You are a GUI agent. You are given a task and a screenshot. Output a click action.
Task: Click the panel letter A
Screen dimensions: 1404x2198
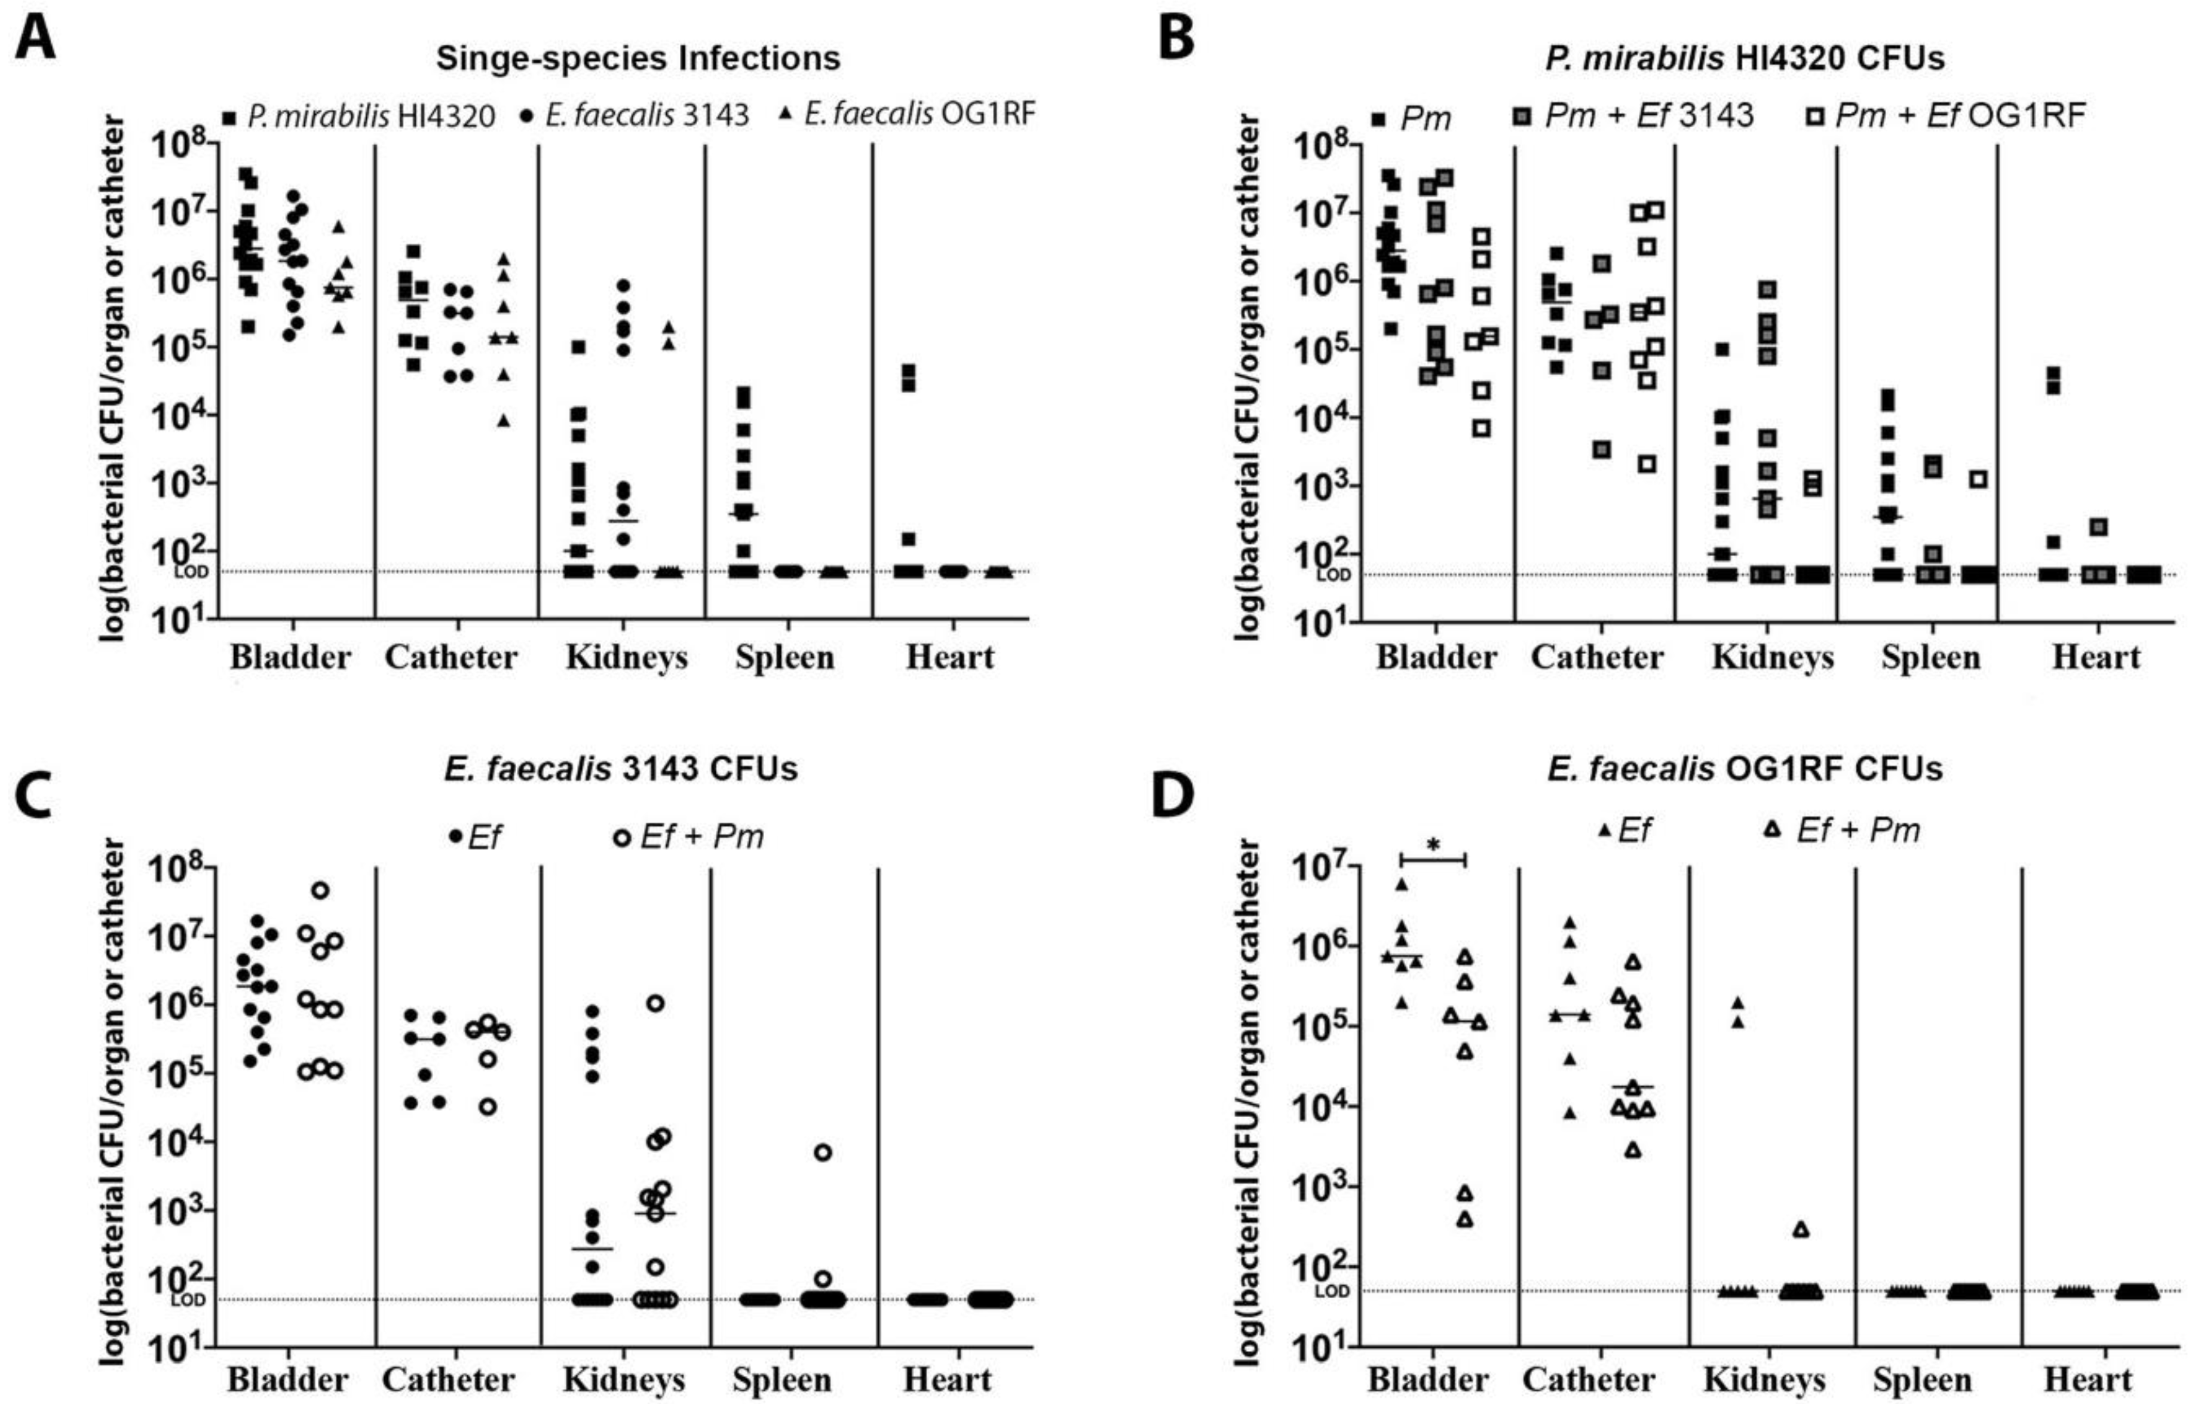(35, 36)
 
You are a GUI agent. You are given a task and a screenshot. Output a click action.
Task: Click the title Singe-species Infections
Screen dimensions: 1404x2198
(638, 59)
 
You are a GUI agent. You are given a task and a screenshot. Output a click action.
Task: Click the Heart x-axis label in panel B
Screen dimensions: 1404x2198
(2096, 657)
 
